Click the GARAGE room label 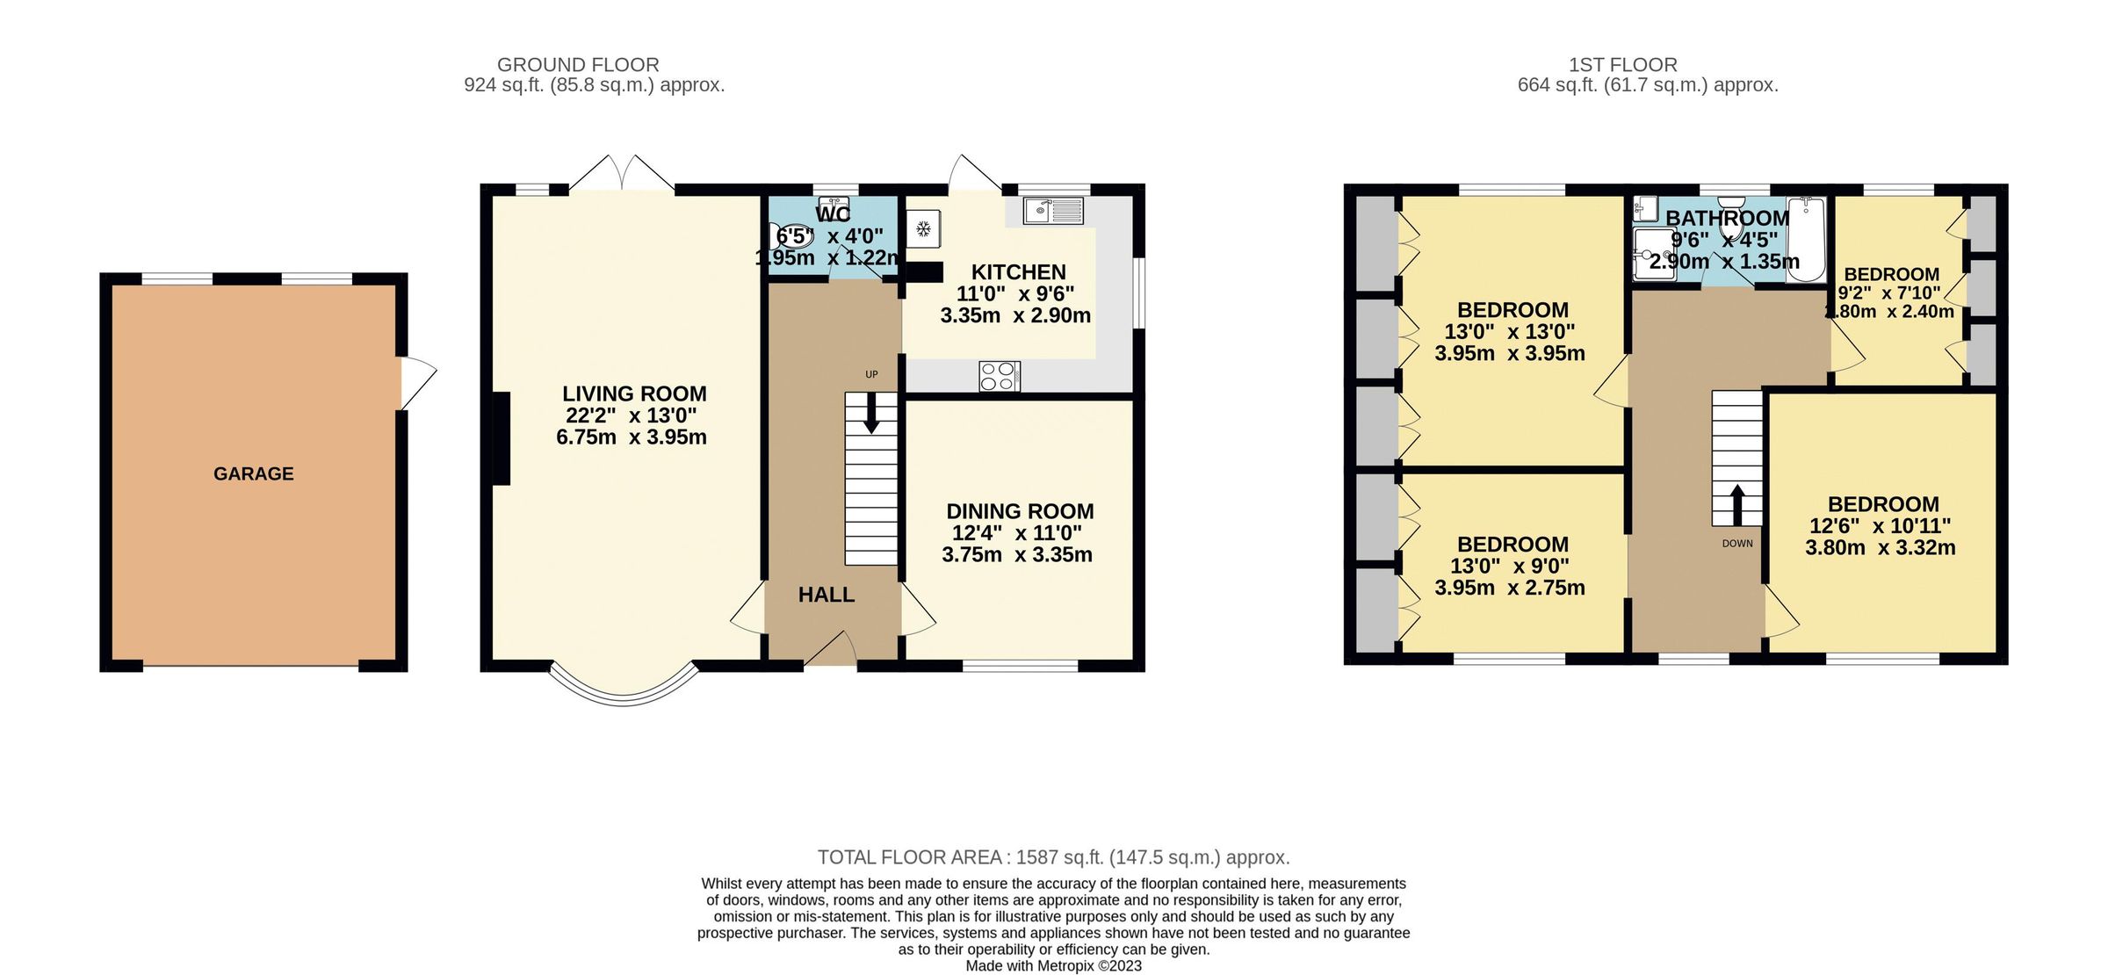coord(253,473)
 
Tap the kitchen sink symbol coord(1053,210)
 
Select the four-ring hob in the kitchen coord(999,376)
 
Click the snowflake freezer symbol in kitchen coord(923,229)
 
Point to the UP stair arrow coord(871,413)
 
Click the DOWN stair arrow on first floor coord(1736,505)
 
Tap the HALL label coord(826,595)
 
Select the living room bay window coord(624,690)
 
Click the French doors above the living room coord(622,174)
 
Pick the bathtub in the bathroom coord(1806,239)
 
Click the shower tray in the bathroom coord(1653,255)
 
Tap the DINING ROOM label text coord(1020,511)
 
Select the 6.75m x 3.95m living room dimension coord(631,437)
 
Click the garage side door coord(417,382)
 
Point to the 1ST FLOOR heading coord(1622,65)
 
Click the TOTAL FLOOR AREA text coord(1053,857)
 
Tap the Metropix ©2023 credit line coord(1053,966)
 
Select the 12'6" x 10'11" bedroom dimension coord(1880,526)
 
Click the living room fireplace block coord(501,438)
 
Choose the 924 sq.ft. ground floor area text coord(594,86)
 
